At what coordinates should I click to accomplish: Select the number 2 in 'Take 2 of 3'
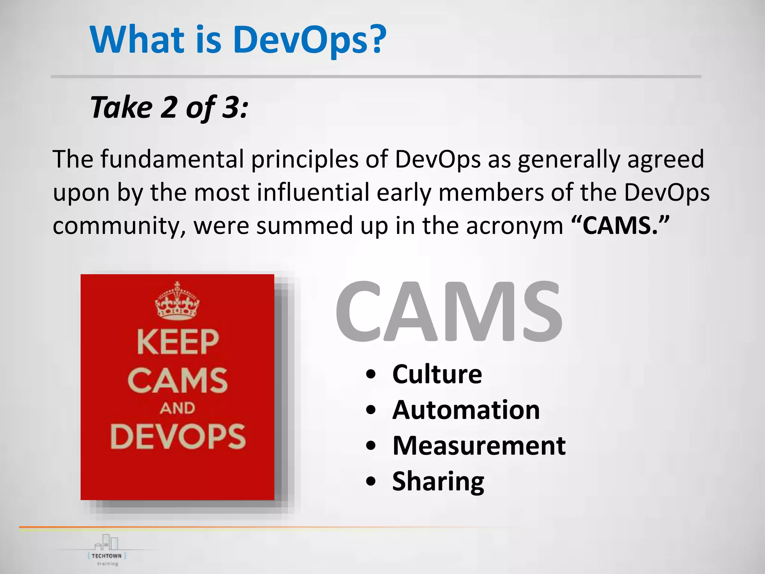(169, 107)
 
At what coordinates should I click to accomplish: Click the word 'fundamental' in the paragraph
(172, 159)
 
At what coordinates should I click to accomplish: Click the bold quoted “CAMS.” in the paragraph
(620, 225)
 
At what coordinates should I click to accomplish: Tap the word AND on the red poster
(177, 408)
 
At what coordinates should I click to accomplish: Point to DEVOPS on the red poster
(178, 436)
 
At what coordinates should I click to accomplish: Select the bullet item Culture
(437, 374)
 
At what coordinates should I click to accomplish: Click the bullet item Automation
(466, 410)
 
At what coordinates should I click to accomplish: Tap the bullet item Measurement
(479, 445)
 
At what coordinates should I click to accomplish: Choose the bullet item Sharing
(438, 481)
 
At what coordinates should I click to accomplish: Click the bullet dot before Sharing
(371, 482)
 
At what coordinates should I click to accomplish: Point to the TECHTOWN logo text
(106, 556)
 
